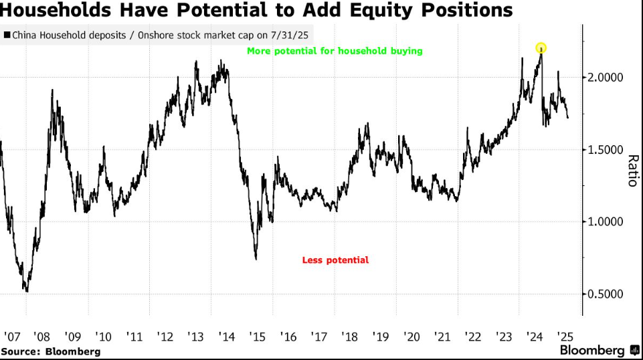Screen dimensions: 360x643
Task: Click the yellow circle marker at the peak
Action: pyautogui.click(x=541, y=48)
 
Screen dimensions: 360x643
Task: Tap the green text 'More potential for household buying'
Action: pyautogui.click(x=335, y=51)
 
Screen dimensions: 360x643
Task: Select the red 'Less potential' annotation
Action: pyautogui.click(x=335, y=260)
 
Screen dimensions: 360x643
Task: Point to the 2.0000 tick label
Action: pyautogui.click(x=605, y=78)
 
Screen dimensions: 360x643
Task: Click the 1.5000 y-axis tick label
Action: pyautogui.click(x=605, y=150)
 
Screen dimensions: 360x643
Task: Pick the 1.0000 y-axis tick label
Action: pyautogui.click(x=605, y=222)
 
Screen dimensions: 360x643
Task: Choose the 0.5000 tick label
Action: pyautogui.click(x=605, y=294)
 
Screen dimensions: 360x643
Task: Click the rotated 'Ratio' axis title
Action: pyautogui.click(x=631, y=171)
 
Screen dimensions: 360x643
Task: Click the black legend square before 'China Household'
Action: pyautogui.click(x=7, y=35)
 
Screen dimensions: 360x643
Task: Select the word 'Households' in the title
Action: pyautogui.click(x=56, y=11)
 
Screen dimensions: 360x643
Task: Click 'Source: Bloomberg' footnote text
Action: pyautogui.click(x=51, y=351)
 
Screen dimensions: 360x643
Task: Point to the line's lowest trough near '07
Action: pyautogui.click(x=26, y=290)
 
